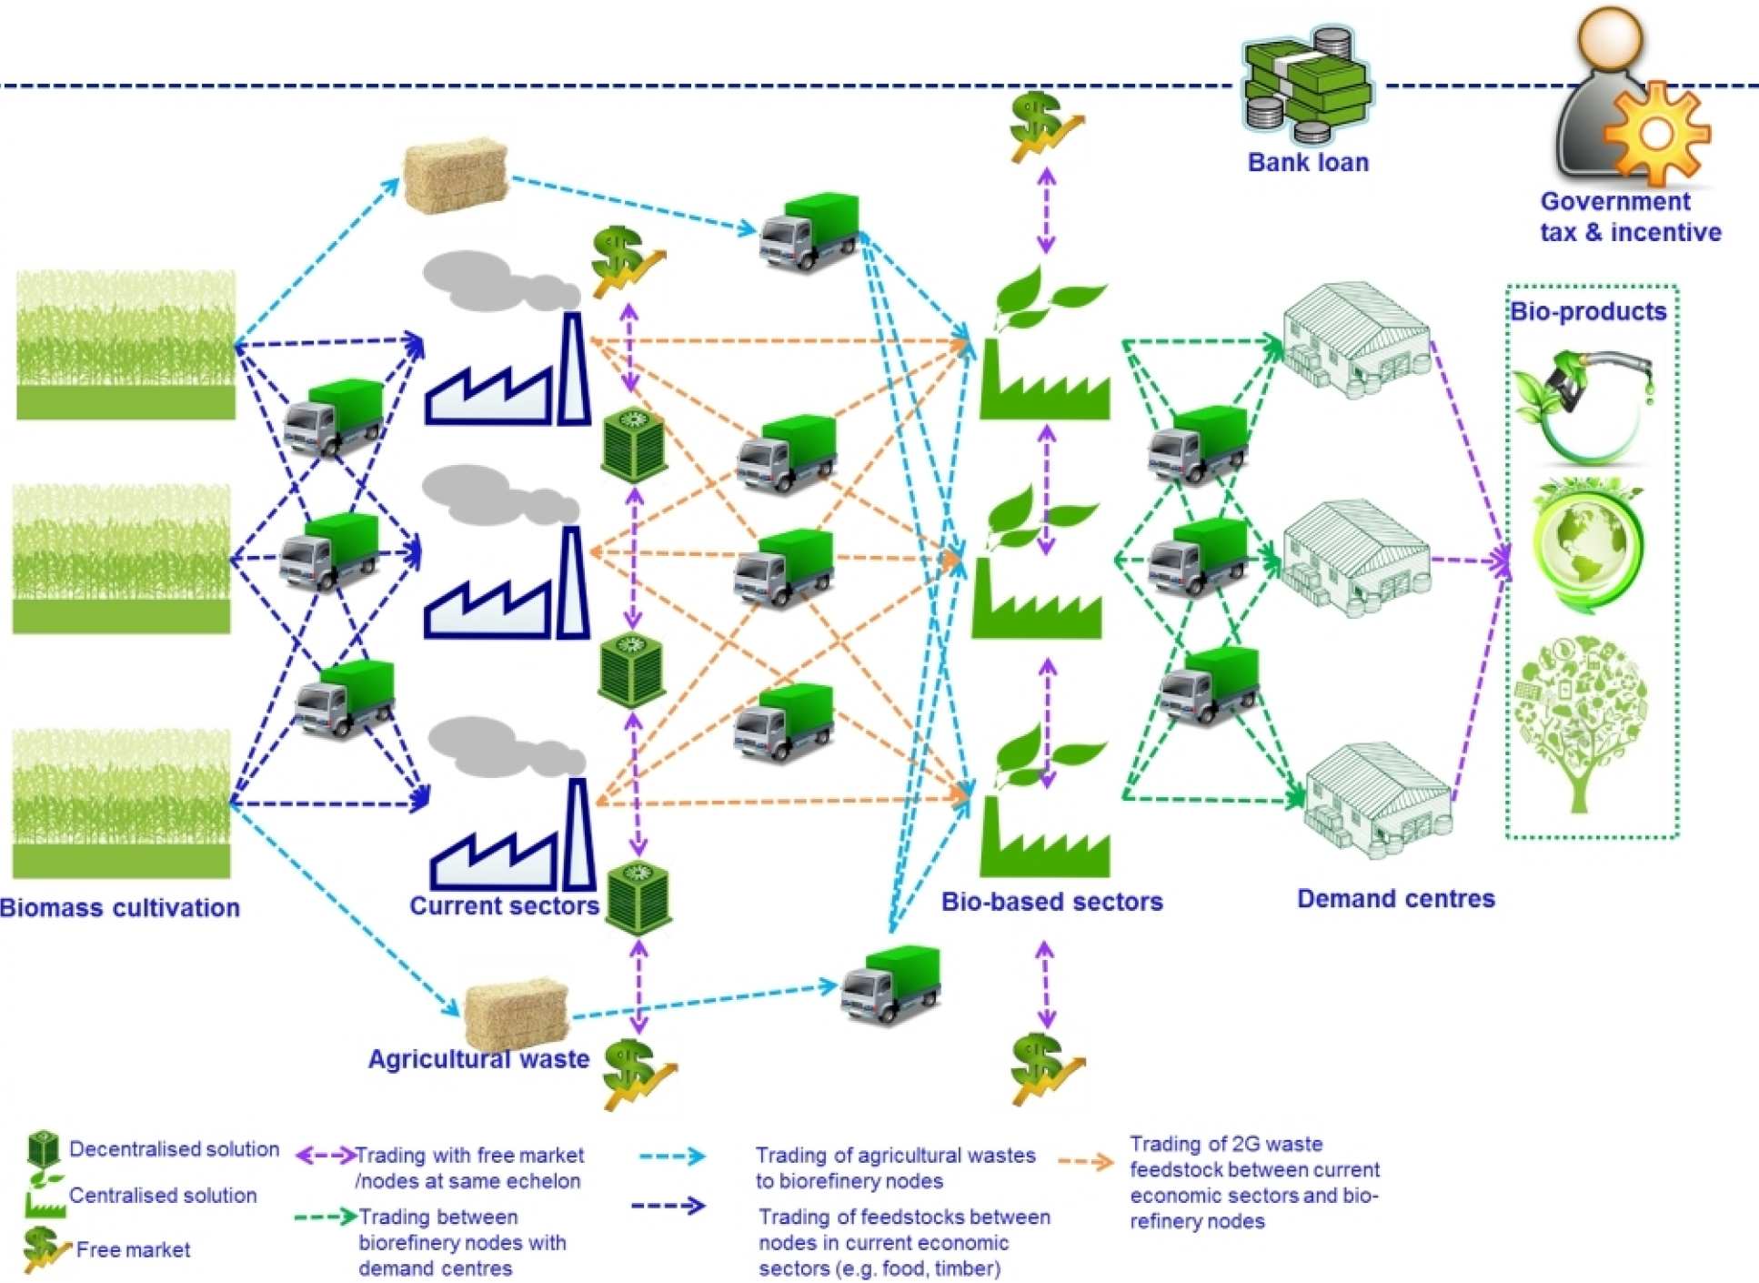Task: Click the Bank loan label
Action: [1307, 163]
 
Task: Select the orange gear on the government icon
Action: [1656, 133]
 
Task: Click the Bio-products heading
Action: [1588, 312]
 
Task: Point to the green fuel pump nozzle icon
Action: [1583, 400]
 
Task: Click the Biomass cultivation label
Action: [120, 907]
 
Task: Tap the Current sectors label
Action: [504, 905]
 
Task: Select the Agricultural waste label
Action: [478, 1059]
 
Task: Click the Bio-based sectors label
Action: [1051, 902]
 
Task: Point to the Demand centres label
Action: [1395, 899]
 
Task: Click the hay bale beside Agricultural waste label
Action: [516, 1012]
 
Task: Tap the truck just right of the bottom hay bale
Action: [890, 985]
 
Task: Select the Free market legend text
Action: [133, 1250]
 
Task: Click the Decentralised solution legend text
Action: [174, 1149]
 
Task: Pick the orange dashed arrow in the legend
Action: [1086, 1161]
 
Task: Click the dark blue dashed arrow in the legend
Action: [668, 1206]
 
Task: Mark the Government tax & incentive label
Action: [1630, 217]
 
